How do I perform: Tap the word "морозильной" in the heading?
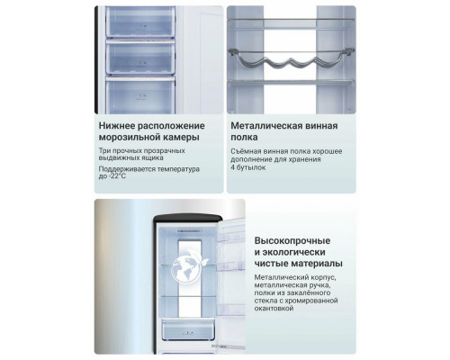(130, 138)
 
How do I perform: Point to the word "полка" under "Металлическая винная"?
(244, 138)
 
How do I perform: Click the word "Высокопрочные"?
(292, 240)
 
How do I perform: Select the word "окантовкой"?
(274, 309)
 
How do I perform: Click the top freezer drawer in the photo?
(140, 22)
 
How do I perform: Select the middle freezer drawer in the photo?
(140, 58)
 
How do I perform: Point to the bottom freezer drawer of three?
(140, 95)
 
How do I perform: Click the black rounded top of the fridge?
(188, 218)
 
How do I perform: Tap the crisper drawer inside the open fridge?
(188, 329)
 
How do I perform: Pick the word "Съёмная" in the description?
(244, 151)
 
